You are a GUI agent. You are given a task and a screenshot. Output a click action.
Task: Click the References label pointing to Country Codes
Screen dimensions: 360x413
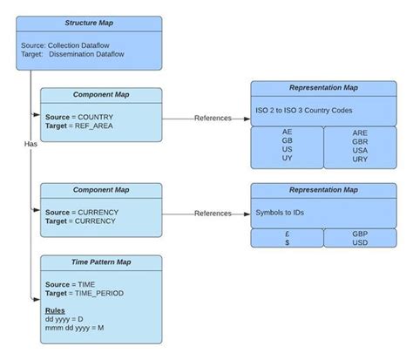click(x=213, y=118)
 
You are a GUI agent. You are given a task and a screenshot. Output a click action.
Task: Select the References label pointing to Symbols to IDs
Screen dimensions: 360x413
click(x=213, y=213)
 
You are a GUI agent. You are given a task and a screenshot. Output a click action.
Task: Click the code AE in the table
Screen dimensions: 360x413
click(x=287, y=132)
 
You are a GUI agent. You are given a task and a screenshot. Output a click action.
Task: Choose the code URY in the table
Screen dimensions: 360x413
click(x=360, y=160)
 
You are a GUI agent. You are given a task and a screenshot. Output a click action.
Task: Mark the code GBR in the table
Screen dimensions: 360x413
click(x=360, y=141)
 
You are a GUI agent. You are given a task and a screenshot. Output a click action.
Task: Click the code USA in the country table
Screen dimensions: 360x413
click(x=360, y=150)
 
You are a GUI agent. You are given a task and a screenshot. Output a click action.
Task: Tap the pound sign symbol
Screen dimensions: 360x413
click(x=287, y=234)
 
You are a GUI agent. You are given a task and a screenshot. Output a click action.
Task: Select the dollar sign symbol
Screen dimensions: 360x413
click(x=287, y=242)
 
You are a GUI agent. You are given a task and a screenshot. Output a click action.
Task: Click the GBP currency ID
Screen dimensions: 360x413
click(x=360, y=234)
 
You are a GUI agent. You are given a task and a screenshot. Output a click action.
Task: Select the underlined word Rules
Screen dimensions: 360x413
click(x=55, y=310)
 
